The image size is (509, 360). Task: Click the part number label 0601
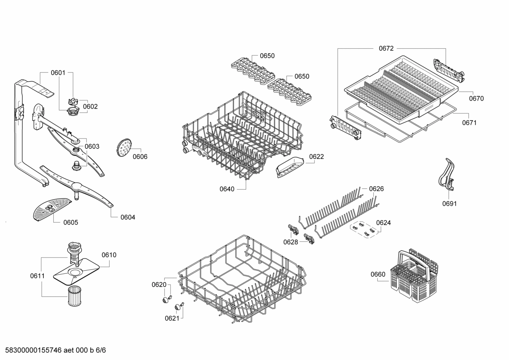[58, 73]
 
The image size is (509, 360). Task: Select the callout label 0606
[140, 157]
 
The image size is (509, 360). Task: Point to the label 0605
[71, 223]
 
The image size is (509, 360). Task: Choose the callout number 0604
[128, 217]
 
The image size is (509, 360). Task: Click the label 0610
[109, 255]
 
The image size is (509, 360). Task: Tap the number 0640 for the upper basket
[227, 189]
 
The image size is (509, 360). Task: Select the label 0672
[386, 48]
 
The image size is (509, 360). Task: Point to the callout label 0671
[469, 123]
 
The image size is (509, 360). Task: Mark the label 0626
[376, 189]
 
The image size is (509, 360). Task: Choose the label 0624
[383, 223]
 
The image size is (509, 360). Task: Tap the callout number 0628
[291, 242]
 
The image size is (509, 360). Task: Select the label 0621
[172, 318]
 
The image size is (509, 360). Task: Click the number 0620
[159, 285]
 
